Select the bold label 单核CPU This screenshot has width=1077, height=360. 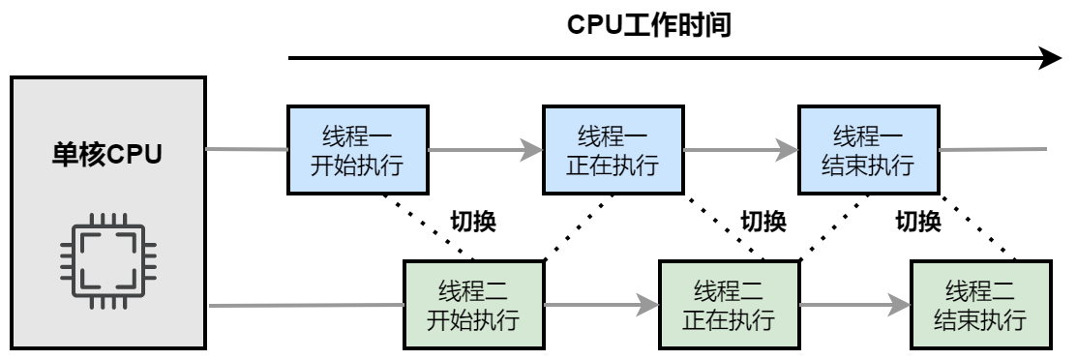click(107, 154)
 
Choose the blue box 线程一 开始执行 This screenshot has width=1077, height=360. click(357, 150)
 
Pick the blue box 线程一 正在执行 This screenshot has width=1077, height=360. click(612, 150)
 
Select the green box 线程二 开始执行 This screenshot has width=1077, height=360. click(473, 304)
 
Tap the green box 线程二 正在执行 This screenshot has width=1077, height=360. click(728, 304)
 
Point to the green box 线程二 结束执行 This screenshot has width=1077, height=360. click(982, 304)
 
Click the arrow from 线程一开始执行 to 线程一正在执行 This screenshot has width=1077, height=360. click(484, 150)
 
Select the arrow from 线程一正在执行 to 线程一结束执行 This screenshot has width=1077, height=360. click(739, 150)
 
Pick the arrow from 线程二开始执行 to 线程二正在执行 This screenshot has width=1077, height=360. click(600, 305)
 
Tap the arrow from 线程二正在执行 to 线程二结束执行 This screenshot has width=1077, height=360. click(854, 305)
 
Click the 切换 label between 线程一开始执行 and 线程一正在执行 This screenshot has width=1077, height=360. click(473, 221)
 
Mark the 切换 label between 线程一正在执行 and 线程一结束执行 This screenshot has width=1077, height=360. click(764, 221)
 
